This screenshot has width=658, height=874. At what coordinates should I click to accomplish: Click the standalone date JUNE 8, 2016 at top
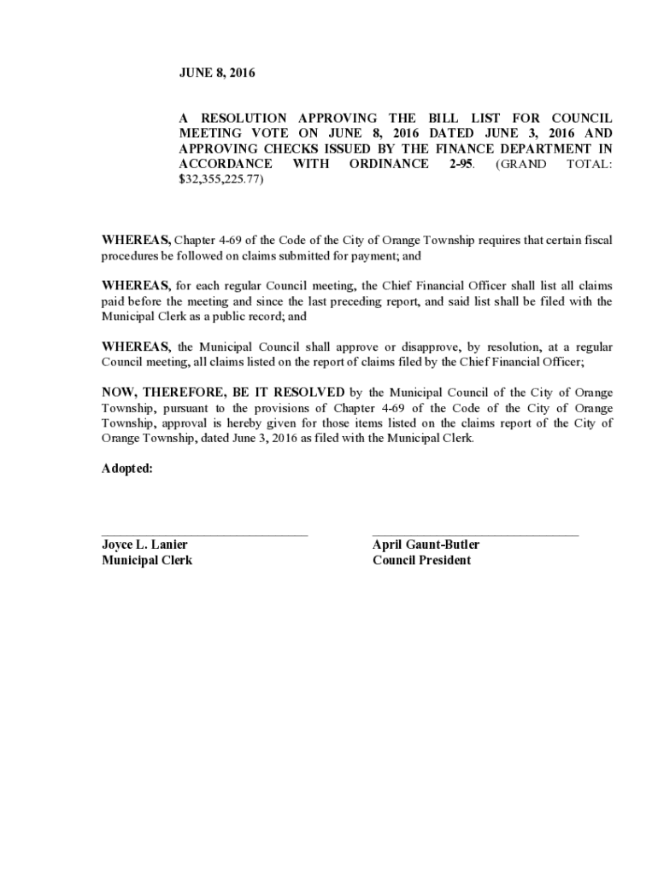point(217,74)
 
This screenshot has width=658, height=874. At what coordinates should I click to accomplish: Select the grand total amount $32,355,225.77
point(221,180)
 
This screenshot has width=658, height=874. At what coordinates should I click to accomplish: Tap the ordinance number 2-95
point(461,164)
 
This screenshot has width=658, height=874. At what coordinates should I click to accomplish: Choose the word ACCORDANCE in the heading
point(226,164)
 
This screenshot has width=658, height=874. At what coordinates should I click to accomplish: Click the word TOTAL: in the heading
point(590,164)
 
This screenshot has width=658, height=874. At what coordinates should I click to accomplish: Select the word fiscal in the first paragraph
point(596,241)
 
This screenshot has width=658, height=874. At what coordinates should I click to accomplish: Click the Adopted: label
point(127,469)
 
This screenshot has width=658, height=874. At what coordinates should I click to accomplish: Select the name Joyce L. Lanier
point(144,545)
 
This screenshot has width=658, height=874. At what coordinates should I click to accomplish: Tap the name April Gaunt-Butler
point(426,545)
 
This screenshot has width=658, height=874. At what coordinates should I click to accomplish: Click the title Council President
point(421,560)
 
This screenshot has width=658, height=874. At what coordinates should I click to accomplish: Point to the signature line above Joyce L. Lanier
point(204,535)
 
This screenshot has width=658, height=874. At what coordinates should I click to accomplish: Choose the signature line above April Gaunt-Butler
point(475,535)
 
